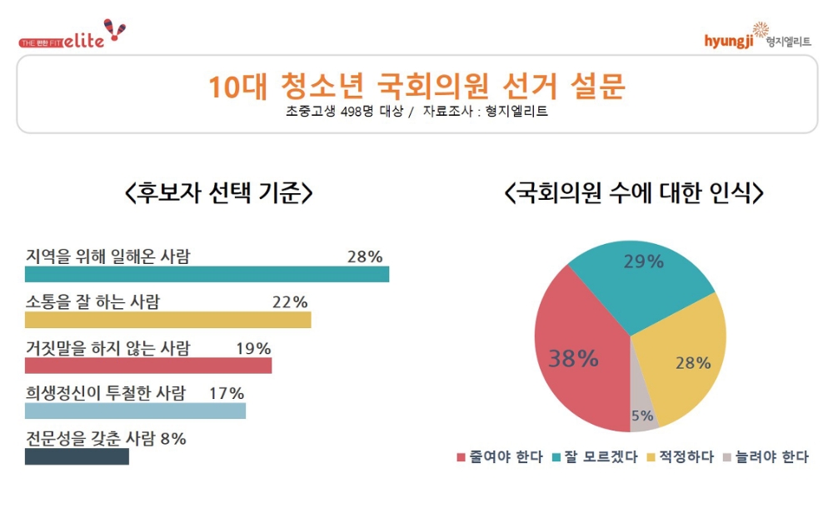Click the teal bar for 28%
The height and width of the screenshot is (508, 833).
(x=207, y=275)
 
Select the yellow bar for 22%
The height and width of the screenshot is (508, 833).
(x=167, y=320)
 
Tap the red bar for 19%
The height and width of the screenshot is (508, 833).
(x=148, y=366)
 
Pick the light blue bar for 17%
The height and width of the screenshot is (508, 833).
(x=135, y=411)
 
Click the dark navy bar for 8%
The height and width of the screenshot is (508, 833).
(x=77, y=456)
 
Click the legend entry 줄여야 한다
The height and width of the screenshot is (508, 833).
(x=500, y=457)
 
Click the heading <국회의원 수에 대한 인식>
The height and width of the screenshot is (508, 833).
(x=633, y=194)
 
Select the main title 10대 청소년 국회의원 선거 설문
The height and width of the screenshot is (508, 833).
(x=416, y=87)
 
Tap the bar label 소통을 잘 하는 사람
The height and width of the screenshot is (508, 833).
(x=92, y=301)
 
